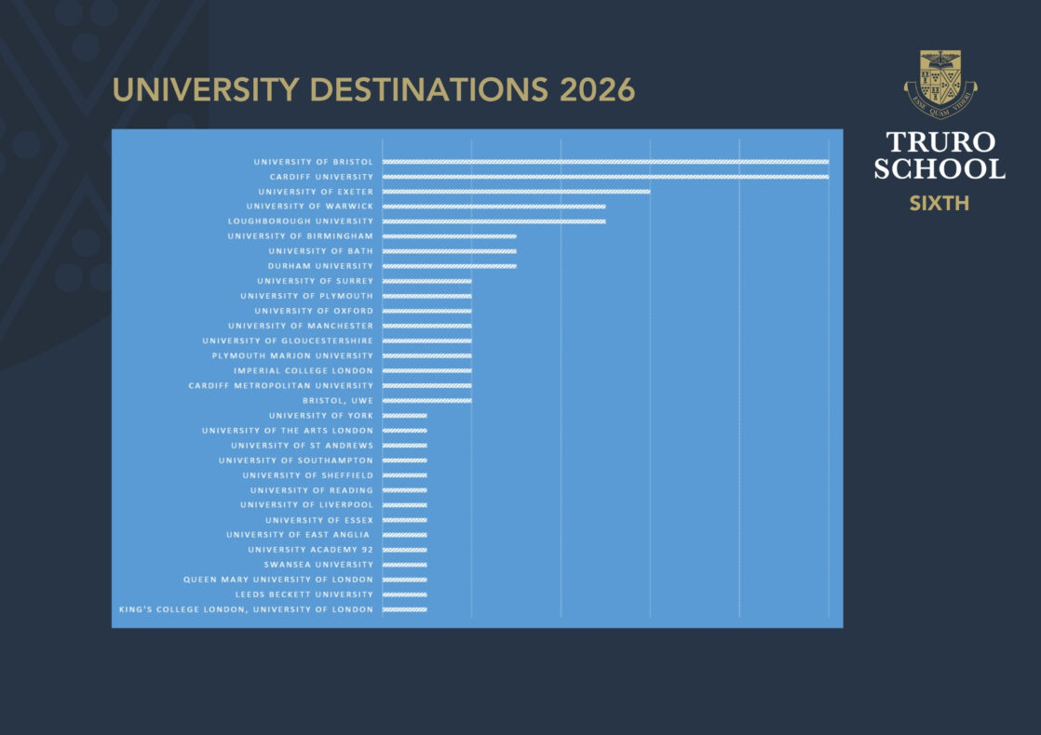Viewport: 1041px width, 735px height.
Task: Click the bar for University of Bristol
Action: coord(605,162)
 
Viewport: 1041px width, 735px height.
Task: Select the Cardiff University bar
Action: coord(605,177)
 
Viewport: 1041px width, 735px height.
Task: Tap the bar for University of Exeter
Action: coord(517,192)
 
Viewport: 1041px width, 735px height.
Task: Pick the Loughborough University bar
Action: coord(493,221)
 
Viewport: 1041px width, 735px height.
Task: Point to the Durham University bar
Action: coord(450,266)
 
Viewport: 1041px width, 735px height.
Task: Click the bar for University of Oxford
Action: coord(426,311)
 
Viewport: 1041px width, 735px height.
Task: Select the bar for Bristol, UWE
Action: coord(426,401)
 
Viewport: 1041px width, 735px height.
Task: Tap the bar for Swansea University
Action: coord(405,565)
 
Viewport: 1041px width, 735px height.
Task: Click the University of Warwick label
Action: coord(310,207)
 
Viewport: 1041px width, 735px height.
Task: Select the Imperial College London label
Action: coord(304,371)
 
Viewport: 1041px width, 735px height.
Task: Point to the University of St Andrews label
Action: coord(302,446)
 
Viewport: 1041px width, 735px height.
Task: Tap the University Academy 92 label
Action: coord(311,550)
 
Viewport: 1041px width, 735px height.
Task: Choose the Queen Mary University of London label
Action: coord(278,580)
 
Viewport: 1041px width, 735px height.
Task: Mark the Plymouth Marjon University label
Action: coord(292,356)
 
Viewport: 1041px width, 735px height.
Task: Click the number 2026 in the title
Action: coord(598,90)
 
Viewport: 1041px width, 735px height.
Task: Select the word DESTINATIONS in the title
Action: coord(429,90)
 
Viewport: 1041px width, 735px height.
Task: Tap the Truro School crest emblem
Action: coord(940,85)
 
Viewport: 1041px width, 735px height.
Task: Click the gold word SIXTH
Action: coord(940,203)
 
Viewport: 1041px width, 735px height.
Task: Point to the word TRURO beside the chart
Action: coord(940,142)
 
